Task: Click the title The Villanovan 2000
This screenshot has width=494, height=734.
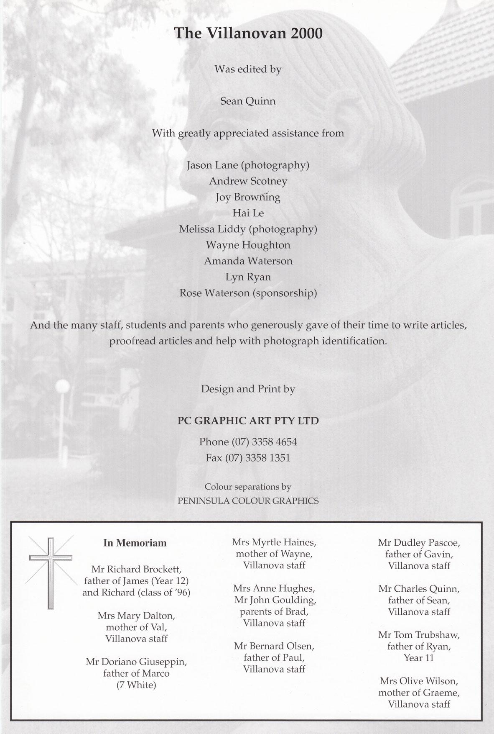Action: coord(248,33)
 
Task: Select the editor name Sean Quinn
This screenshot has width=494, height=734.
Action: coord(248,101)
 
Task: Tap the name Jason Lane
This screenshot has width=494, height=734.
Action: coord(212,165)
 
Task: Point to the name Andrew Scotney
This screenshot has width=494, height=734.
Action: coord(248,181)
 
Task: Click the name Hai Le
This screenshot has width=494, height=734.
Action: coord(248,213)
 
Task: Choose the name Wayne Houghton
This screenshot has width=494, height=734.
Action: coord(248,245)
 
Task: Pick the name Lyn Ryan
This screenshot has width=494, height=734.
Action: coord(248,277)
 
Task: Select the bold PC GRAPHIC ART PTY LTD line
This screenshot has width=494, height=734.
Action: coord(248,421)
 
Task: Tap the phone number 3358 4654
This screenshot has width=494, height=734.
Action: coord(271,442)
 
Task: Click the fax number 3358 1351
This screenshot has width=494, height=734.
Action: coord(267,458)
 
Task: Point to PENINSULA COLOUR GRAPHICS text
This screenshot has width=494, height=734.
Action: coord(248,501)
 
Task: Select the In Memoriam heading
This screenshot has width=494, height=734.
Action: coord(135,543)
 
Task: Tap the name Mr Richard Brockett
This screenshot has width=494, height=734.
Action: coord(136,570)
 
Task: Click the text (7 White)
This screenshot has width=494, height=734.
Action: coord(136,685)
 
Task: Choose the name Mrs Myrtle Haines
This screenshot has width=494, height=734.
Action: coord(274,542)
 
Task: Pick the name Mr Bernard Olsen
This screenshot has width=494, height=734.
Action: coord(274,646)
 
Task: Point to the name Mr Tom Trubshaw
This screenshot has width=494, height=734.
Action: coord(419,635)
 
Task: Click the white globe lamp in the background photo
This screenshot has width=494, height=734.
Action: coord(62,385)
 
